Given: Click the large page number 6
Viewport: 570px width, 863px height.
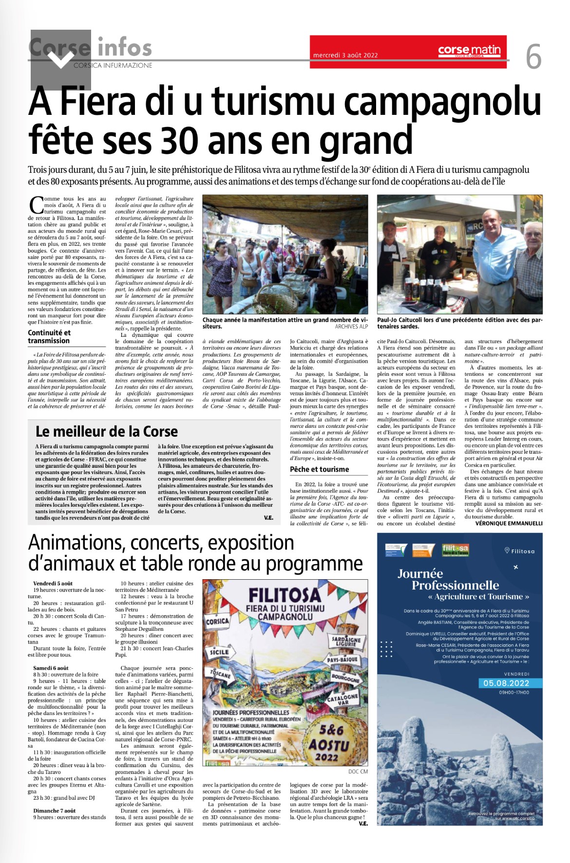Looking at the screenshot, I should click(533, 57).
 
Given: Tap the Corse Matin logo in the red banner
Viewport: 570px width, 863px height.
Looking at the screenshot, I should click(469, 50).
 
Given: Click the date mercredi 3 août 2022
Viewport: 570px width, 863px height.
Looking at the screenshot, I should click(345, 55).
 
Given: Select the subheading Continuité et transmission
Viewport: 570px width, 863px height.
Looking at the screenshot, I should click(49, 336).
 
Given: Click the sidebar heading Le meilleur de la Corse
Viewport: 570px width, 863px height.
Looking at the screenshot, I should click(107, 431).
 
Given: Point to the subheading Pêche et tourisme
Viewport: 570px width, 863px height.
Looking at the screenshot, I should click(319, 469).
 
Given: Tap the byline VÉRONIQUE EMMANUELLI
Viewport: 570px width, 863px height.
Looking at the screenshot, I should click(509, 523).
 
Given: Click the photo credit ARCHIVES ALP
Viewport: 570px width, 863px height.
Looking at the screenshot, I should click(351, 327).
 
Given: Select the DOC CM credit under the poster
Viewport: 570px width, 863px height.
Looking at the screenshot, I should click(358, 771).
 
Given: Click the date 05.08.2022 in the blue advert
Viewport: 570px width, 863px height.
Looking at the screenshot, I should click(506, 683).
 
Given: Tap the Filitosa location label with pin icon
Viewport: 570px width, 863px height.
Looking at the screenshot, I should click(519, 551).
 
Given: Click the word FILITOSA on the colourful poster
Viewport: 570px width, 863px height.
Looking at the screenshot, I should click(285, 595).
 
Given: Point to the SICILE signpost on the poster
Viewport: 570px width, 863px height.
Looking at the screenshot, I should click(219, 652).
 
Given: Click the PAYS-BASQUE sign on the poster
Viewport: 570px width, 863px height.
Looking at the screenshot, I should click(342, 660).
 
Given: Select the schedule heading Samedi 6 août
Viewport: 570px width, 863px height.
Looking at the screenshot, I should click(51, 668).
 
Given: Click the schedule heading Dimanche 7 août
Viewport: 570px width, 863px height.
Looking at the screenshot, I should click(55, 810).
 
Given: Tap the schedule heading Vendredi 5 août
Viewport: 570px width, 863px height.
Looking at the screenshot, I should click(53, 583).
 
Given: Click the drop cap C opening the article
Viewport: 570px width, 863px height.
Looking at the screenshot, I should click(36, 205).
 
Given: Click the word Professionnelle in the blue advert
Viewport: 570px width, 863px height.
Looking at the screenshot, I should click(455, 585).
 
